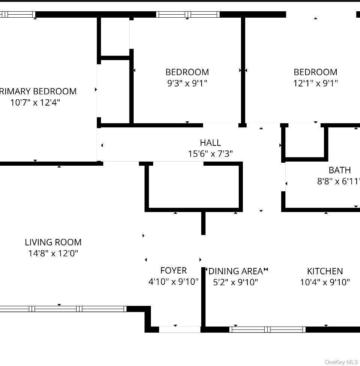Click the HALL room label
[x=210, y=143]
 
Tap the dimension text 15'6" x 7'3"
[x=210, y=154]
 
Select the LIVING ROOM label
[x=53, y=242]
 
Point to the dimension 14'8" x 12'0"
[x=53, y=253]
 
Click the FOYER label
[x=173, y=271]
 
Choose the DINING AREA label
[x=236, y=271]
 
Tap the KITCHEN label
[x=325, y=271]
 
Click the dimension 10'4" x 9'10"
[x=325, y=282]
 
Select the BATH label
[x=340, y=170]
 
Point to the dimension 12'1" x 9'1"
[x=315, y=83]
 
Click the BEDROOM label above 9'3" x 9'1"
[x=187, y=72]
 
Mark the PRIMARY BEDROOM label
[x=38, y=91]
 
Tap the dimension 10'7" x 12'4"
[x=35, y=102]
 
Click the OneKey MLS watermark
[x=341, y=362]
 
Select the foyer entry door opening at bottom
[x=180, y=330]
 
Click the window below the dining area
[x=267, y=330]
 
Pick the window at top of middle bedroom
[x=188, y=15]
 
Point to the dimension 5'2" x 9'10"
[x=236, y=282]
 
